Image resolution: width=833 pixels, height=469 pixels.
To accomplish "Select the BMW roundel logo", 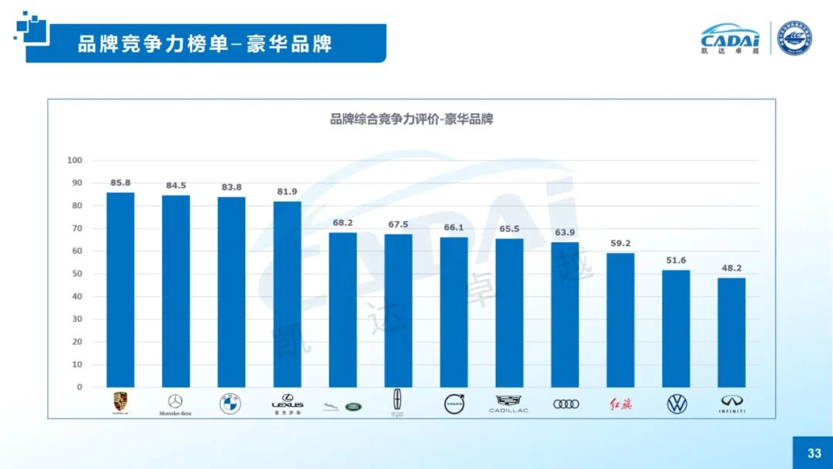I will point(231,403).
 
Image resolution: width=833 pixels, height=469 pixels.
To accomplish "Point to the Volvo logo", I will point(454,403).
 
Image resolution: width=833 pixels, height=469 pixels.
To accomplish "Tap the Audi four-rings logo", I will point(565,403).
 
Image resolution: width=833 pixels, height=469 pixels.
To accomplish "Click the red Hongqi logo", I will point(620,403).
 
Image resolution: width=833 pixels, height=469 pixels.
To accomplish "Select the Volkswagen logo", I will point(676,403).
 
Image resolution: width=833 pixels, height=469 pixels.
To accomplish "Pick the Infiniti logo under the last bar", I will point(732,403).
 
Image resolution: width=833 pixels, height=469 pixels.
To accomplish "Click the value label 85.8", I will point(120,183).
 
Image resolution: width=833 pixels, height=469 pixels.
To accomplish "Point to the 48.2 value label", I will point(732,268).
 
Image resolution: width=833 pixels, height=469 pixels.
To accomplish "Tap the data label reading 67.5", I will point(398,224).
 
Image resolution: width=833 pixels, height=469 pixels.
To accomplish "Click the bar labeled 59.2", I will point(620,320).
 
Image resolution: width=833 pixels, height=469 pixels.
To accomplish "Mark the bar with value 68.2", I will point(342,309).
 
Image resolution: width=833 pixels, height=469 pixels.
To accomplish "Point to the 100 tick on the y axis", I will point(75,160).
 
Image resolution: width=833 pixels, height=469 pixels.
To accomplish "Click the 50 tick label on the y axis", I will point(77,274).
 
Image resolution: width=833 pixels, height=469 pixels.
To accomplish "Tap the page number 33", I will point(814,453).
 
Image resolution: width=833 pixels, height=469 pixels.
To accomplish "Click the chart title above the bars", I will point(412,120).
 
